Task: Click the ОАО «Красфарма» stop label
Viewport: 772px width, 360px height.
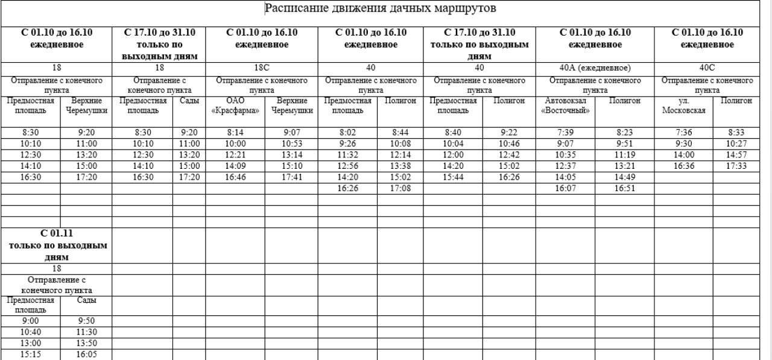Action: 235,106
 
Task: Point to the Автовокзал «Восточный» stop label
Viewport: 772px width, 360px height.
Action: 565,106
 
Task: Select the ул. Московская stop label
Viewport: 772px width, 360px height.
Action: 683,106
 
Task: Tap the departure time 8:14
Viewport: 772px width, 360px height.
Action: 235,132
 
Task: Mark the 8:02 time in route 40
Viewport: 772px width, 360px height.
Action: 348,132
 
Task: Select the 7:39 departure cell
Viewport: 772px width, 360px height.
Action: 565,132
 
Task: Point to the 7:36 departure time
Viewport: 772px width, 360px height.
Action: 683,132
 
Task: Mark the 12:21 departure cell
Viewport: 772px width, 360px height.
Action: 235,156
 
